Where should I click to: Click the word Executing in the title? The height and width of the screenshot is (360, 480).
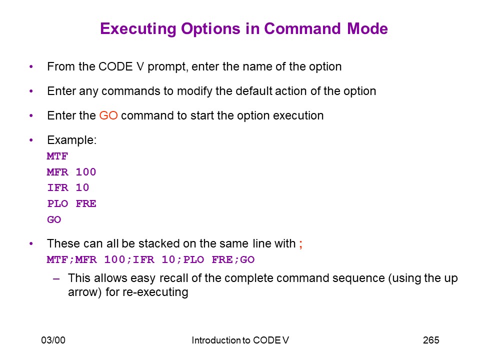click(x=138, y=29)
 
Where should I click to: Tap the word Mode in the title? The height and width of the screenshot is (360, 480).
click(x=367, y=29)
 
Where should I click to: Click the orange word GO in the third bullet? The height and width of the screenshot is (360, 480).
click(x=108, y=115)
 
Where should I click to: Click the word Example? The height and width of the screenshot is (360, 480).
click(x=72, y=140)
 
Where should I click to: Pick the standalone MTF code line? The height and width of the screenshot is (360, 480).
click(x=57, y=156)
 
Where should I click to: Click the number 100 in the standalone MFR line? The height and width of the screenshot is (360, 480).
click(x=86, y=172)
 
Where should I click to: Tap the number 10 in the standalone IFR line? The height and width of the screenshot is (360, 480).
click(x=82, y=187)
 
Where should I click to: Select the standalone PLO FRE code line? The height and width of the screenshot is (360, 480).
click(x=71, y=203)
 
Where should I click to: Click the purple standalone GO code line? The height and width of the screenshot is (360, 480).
click(x=54, y=219)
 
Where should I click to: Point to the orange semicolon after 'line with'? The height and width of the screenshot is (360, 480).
click(x=300, y=244)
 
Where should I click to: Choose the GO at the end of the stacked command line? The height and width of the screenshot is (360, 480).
click(x=247, y=259)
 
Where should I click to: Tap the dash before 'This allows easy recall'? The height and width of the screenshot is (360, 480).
click(x=56, y=279)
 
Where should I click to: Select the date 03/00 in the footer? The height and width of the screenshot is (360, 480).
click(x=53, y=340)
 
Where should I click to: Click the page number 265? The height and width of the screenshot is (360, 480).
click(x=431, y=340)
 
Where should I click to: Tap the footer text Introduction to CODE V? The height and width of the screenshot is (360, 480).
click(x=240, y=340)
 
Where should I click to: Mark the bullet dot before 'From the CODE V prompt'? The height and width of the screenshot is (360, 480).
click(x=31, y=66)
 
